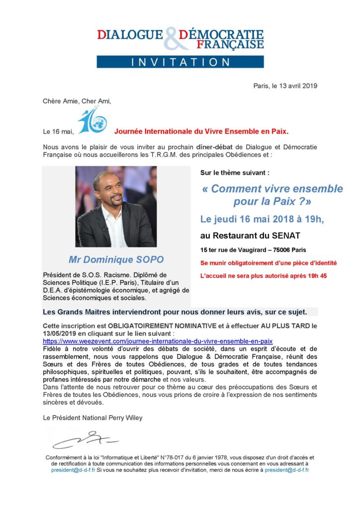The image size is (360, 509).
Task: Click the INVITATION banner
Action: click(180, 62)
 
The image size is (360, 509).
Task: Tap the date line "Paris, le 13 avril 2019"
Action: click(285, 85)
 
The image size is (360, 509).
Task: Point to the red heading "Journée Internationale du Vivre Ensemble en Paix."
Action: click(201, 132)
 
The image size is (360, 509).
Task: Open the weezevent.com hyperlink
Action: click(158, 341)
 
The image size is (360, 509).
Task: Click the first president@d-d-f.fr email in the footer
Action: click(73, 470)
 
